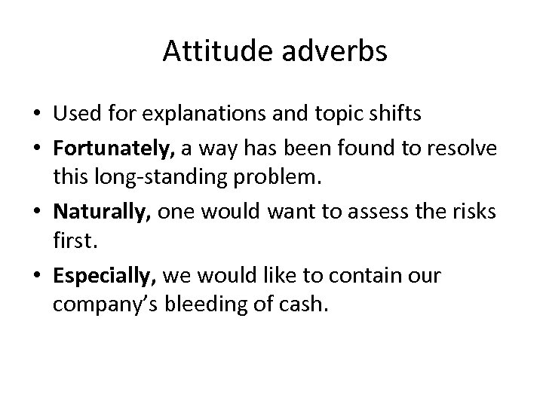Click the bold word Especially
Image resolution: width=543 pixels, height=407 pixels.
point(104,276)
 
